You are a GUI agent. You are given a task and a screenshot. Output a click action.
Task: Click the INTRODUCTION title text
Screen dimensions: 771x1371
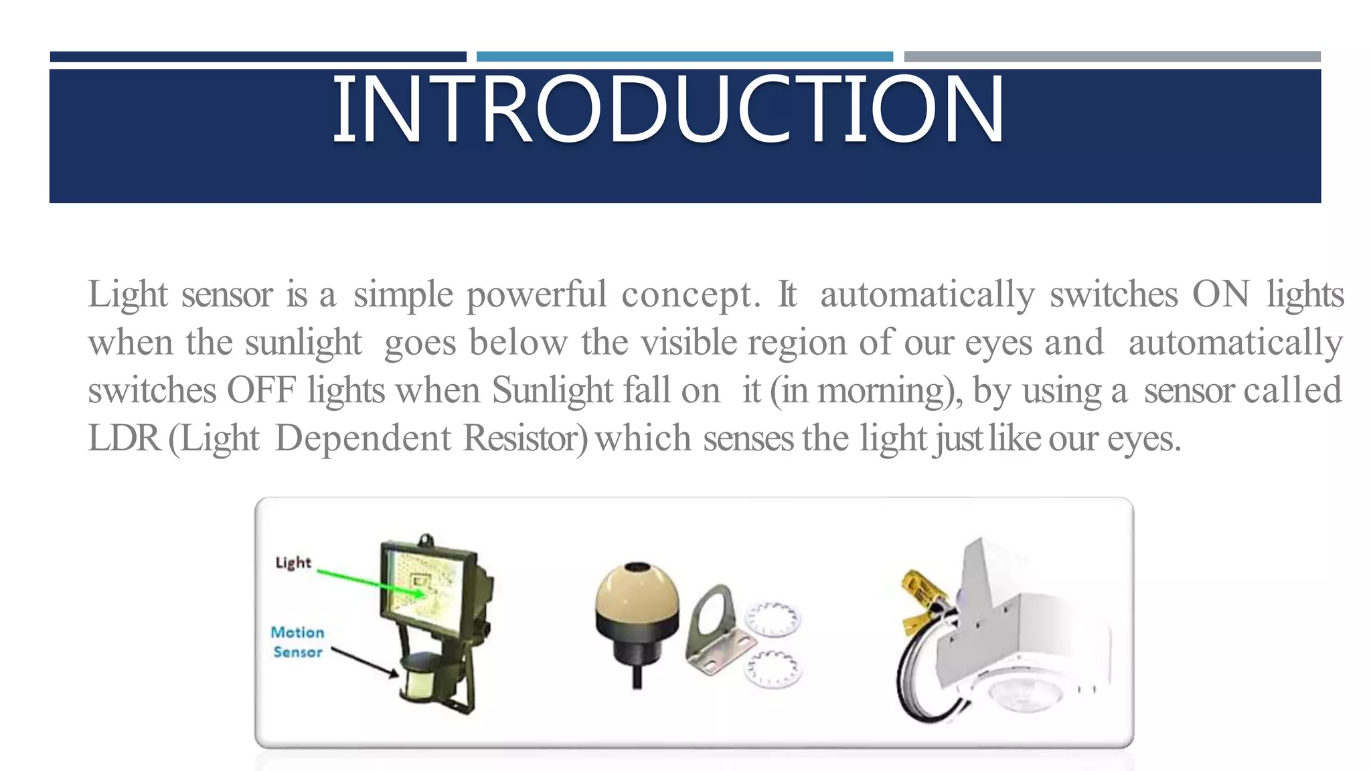668,110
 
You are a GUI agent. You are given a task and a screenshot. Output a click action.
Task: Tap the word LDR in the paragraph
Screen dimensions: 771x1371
124,438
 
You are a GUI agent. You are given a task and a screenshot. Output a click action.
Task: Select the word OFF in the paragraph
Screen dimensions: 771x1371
261,390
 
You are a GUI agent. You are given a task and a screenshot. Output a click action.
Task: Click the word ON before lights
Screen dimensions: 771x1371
1220,294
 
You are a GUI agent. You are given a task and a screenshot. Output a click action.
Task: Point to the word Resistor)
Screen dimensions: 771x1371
526,438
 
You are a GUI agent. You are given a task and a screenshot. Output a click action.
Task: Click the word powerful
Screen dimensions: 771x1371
536,294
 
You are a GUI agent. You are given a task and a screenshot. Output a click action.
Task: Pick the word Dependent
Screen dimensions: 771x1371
363,438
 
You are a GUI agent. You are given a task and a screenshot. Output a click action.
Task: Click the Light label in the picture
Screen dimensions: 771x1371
293,563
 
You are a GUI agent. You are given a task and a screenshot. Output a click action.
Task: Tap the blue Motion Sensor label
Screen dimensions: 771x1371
297,642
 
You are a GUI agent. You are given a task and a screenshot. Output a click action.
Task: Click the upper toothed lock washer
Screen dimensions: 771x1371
773,619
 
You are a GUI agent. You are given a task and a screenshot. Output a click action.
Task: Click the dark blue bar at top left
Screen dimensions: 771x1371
258,57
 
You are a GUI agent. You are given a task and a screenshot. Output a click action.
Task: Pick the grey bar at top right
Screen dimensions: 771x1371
1112,57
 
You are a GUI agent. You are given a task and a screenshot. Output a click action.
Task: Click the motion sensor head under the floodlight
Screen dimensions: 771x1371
420,679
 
